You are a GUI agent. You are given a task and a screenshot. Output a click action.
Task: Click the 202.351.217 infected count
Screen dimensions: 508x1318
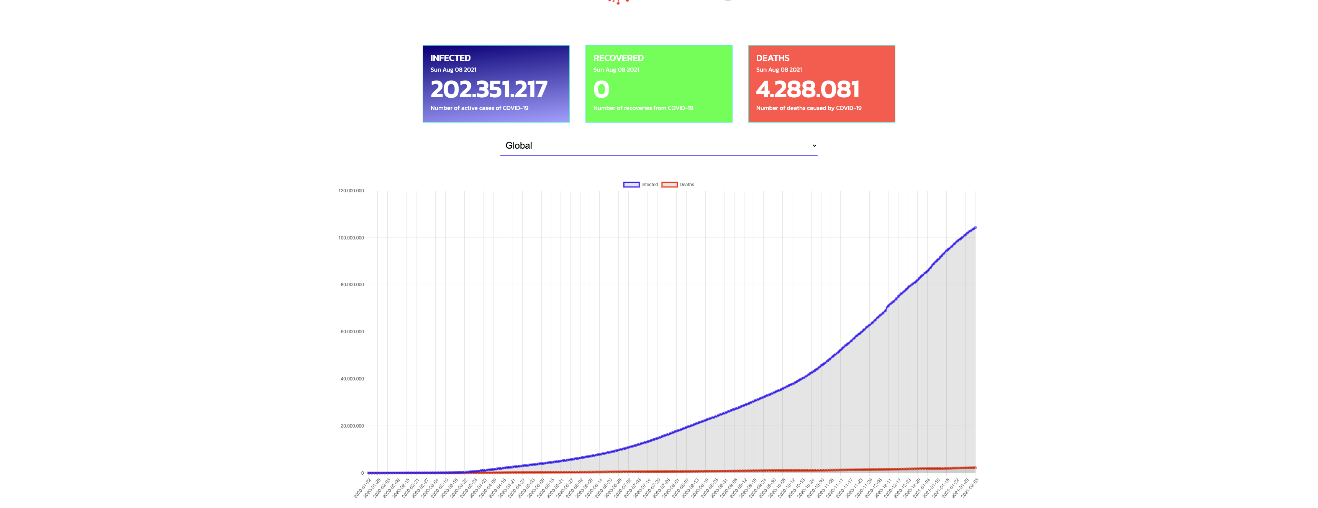click(x=489, y=90)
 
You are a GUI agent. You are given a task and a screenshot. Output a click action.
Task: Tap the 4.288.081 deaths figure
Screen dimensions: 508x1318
click(x=807, y=90)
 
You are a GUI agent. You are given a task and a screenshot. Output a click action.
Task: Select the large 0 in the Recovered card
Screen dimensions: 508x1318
click(x=601, y=90)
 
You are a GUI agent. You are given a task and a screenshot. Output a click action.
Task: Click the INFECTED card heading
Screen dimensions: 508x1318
click(x=450, y=58)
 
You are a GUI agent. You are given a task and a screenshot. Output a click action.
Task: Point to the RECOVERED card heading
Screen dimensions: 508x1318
click(x=618, y=58)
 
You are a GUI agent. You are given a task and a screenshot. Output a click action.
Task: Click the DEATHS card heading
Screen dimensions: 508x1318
click(x=772, y=58)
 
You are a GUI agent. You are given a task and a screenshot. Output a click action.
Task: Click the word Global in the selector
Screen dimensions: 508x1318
click(x=518, y=146)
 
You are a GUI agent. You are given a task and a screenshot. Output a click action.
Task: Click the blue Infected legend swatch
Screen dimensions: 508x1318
click(x=631, y=185)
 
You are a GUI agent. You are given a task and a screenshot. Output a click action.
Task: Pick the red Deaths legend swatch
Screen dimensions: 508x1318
click(x=669, y=185)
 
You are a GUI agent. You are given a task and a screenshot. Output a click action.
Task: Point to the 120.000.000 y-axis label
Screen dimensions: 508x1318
click(x=351, y=191)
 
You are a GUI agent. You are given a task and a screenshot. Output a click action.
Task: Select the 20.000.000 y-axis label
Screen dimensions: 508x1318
click(x=352, y=426)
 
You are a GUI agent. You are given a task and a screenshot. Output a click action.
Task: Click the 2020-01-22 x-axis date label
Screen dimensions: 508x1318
click(x=362, y=488)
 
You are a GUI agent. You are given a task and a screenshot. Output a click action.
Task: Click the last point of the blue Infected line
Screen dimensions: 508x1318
click(x=975, y=228)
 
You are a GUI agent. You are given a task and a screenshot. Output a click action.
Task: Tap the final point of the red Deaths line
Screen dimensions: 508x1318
click(x=975, y=468)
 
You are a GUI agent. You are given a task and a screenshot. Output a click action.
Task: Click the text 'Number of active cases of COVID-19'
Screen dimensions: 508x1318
click(x=479, y=108)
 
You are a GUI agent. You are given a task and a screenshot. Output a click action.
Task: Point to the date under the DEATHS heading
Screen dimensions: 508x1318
click(x=779, y=70)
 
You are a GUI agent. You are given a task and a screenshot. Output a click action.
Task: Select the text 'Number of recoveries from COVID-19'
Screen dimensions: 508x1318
click(x=643, y=108)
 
